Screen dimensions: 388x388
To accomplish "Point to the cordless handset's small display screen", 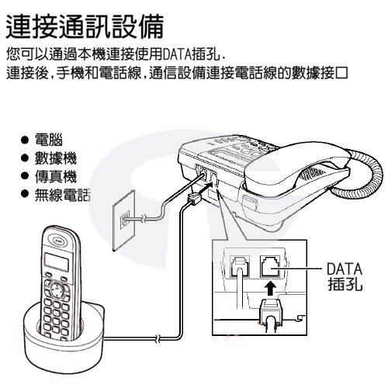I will [x=57, y=261].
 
